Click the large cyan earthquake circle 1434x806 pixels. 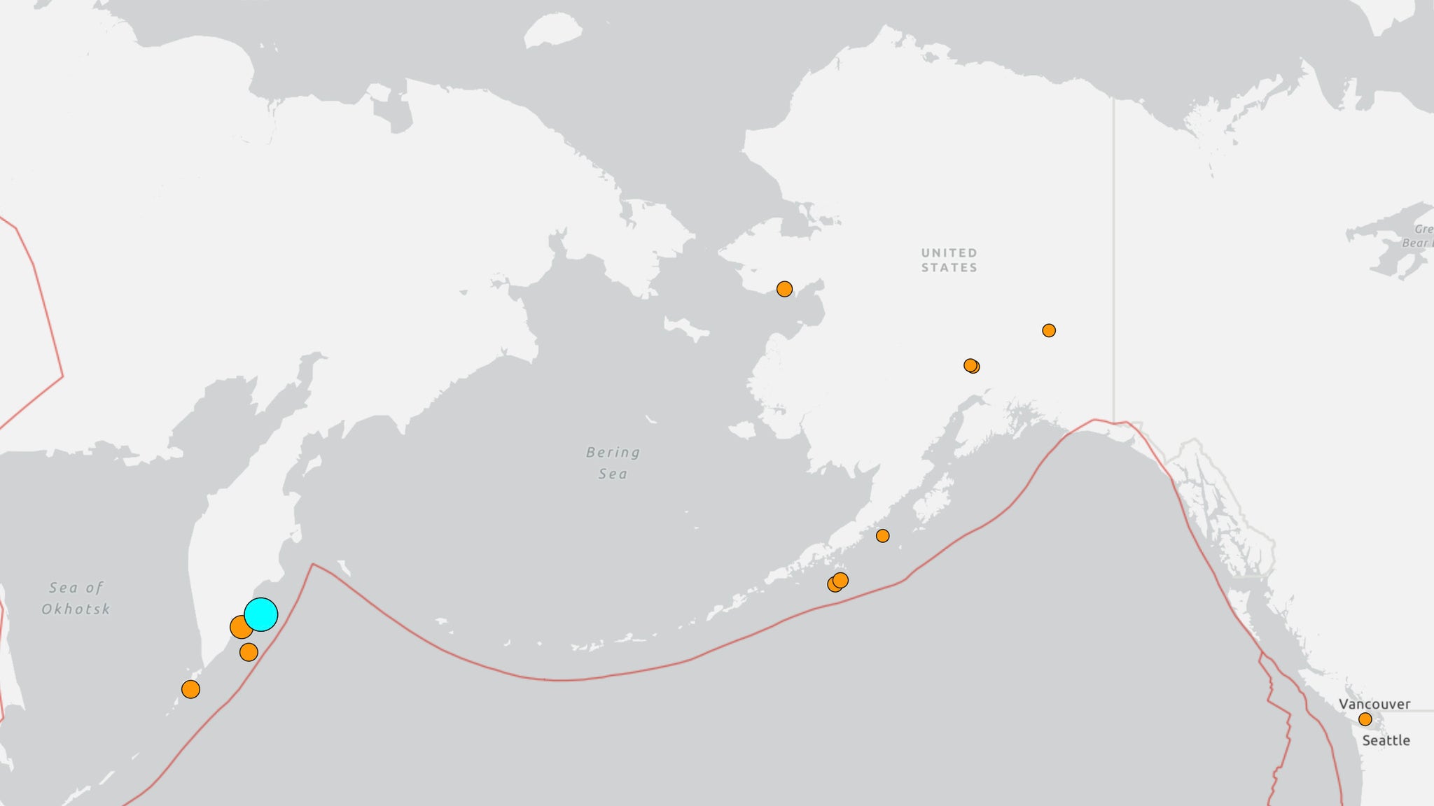coord(261,614)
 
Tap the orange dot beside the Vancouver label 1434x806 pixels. coord(1365,719)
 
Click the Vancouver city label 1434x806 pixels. coord(1374,704)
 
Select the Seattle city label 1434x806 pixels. coord(1385,740)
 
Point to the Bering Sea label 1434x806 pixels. coord(613,463)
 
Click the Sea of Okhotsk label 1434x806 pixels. coord(76,598)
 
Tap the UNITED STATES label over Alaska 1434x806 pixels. coord(949,260)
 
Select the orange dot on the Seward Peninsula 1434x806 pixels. coord(784,289)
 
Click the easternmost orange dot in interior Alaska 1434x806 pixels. coord(1048,330)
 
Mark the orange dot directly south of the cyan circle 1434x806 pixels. coord(249,652)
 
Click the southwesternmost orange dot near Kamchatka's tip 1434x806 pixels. coord(190,689)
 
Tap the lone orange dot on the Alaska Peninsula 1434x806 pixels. coord(882,536)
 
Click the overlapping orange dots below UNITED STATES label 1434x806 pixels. coord(971,366)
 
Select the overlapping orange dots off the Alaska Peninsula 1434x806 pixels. coord(837,582)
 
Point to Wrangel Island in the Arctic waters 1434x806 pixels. coord(552,31)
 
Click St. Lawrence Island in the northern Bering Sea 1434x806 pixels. coord(686,328)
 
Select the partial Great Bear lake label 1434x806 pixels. coord(1421,236)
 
